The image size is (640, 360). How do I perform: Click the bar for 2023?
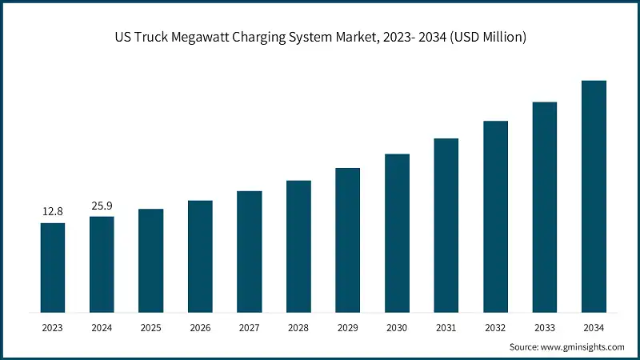(x=53, y=267)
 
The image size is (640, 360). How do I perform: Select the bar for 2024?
(x=102, y=264)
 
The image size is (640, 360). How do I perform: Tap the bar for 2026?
(x=200, y=256)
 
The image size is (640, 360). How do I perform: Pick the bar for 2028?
(x=298, y=246)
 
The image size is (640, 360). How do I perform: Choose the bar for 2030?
(x=397, y=233)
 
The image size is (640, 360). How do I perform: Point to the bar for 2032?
(x=495, y=216)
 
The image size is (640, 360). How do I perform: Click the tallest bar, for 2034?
(x=594, y=196)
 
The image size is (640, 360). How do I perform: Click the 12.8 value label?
(x=53, y=211)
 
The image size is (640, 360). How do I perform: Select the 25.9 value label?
(x=102, y=206)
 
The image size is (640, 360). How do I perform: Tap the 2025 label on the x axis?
(x=150, y=328)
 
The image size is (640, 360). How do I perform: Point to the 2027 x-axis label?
(x=249, y=328)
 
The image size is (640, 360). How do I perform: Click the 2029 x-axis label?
(x=347, y=328)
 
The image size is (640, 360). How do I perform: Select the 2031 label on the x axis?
(x=446, y=328)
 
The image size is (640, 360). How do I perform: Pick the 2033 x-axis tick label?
(x=544, y=328)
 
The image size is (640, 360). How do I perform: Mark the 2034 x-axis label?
(x=594, y=328)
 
